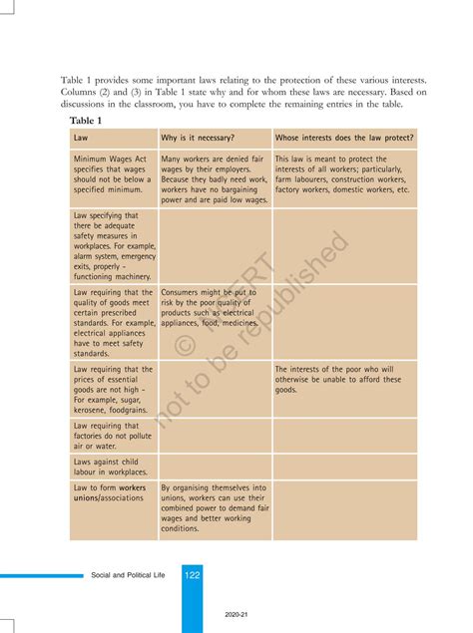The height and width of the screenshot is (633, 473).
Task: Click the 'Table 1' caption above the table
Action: [86, 121]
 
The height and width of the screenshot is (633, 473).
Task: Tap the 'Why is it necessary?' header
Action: [198, 138]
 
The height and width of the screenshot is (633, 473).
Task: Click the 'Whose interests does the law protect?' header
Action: [344, 138]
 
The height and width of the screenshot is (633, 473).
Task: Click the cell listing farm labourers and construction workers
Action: [343, 173]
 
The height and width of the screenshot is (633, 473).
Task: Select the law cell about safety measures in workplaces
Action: [113, 245]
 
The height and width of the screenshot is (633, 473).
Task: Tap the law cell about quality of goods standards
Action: [113, 322]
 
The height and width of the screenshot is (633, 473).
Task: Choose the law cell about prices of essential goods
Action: [113, 389]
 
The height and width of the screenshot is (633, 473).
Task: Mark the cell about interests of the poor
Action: [343, 379]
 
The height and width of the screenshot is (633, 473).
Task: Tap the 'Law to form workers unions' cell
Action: [110, 492]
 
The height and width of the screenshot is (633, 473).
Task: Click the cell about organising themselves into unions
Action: [214, 508]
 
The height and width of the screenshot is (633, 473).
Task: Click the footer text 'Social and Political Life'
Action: [131, 575]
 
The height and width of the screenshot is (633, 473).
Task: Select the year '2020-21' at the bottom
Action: [236, 614]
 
